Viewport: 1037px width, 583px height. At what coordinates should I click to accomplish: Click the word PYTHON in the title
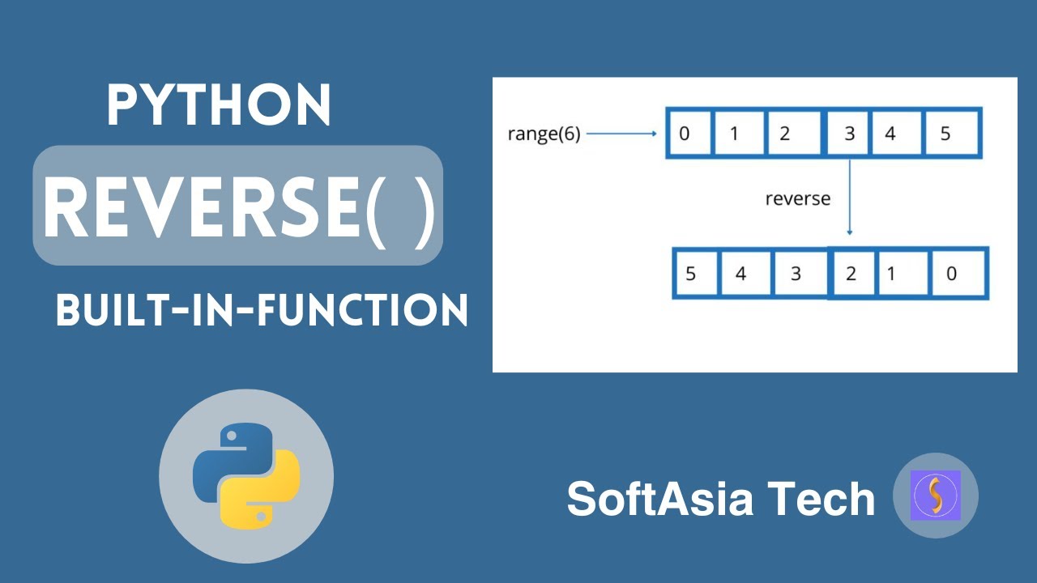[219, 105]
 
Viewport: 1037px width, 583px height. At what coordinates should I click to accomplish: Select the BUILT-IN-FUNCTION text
[262, 310]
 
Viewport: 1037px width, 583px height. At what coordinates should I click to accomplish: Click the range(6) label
[544, 134]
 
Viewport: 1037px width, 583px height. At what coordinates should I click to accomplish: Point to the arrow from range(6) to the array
[621, 134]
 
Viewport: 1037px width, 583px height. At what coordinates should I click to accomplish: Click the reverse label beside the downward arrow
[798, 198]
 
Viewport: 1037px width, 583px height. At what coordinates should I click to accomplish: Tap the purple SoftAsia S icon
[935, 496]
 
